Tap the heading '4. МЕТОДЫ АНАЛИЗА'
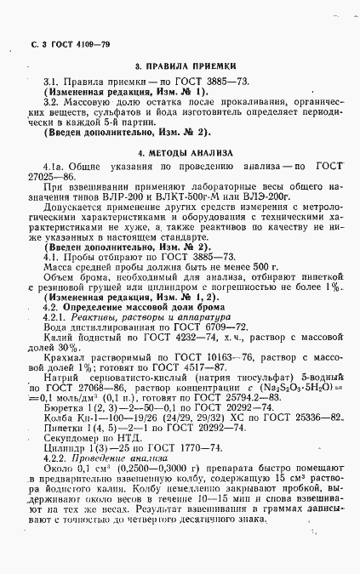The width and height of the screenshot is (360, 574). pyautogui.click(x=180, y=153)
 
